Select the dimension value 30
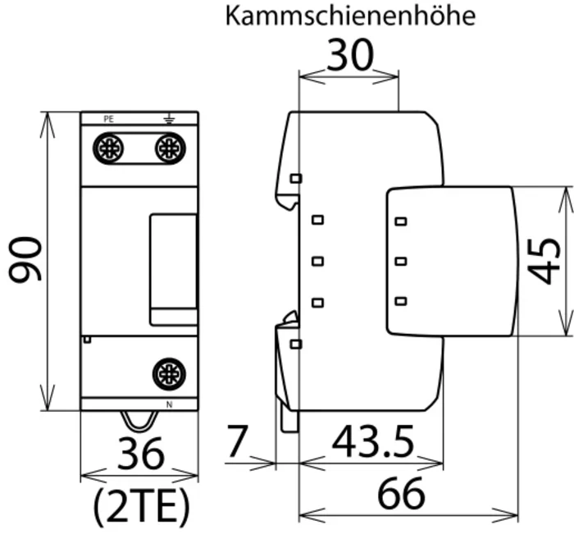click(x=350, y=55)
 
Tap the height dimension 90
click(x=25, y=260)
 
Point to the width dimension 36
click(x=140, y=454)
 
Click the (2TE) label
click(x=142, y=507)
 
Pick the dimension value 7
click(x=237, y=440)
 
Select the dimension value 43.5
click(x=372, y=441)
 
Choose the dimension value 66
click(x=401, y=493)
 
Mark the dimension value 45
click(x=544, y=261)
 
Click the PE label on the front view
click(x=109, y=119)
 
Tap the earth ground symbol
click(x=169, y=119)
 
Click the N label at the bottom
click(x=169, y=404)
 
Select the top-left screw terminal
click(x=108, y=148)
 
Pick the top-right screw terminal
click(x=171, y=148)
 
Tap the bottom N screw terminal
click(x=169, y=374)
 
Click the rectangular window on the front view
click(x=174, y=270)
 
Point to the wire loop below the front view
click(x=139, y=422)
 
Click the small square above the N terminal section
click(x=87, y=340)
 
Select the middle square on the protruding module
click(x=401, y=261)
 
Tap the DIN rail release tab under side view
click(x=289, y=420)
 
